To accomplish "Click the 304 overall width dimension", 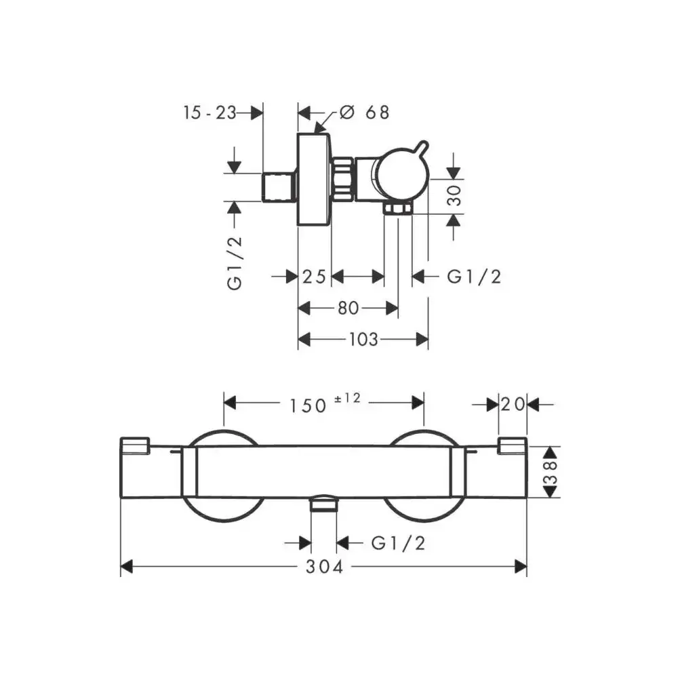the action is (324, 567).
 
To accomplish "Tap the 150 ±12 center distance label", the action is (325, 404).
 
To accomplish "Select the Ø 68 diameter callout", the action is (364, 113).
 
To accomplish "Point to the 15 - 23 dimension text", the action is (210, 113).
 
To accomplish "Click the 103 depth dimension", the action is (363, 340).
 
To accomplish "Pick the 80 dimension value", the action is (348, 308).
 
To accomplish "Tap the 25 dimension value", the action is (315, 277).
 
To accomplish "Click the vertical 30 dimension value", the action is (454, 195).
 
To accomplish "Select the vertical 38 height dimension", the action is (551, 472).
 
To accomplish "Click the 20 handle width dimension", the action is (513, 405).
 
